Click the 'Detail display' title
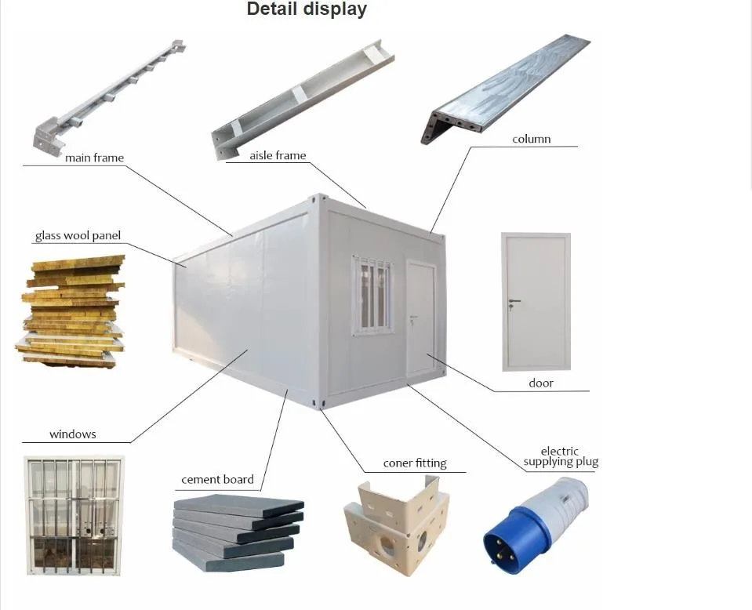point(307,9)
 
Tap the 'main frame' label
point(94,158)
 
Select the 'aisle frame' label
point(278,155)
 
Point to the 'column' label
point(532,139)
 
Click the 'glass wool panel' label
point(78,236)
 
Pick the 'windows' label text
point(73,434)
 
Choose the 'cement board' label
point(217,479)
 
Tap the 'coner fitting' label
point(415,463)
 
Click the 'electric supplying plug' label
point(561,456)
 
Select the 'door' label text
point(541,383)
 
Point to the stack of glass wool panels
point(71,310)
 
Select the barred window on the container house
point(372,295)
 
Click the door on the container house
point(420,318)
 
